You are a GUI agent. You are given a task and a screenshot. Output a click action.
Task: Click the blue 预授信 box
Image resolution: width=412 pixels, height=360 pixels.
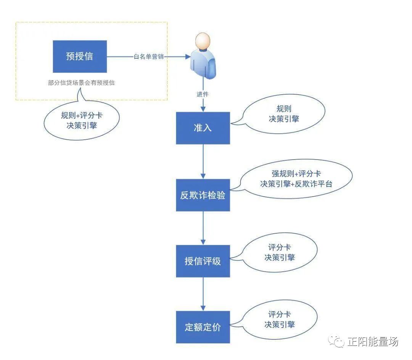[x=80, y=57]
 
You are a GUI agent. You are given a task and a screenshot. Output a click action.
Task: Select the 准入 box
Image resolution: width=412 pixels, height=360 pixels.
[x=203, y=128]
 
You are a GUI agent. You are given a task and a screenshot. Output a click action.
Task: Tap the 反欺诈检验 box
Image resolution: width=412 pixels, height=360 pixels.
[x=203, y=195]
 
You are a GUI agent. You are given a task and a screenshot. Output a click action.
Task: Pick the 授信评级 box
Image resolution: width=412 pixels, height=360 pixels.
[x=203, y=261]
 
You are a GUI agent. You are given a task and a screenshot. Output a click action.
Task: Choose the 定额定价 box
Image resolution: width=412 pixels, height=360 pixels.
[x=203, y=327]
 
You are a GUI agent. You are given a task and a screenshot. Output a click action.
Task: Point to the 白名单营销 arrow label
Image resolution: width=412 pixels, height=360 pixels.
[x=148, y=57]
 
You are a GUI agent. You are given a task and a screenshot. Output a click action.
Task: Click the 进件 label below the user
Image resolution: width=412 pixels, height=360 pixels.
[x=203, y=94]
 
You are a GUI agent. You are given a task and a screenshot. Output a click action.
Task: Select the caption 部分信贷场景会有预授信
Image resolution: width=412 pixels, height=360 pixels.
[x=81, y=83]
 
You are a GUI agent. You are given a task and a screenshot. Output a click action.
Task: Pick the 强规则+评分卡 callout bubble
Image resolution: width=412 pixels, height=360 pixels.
[x=296, y=179]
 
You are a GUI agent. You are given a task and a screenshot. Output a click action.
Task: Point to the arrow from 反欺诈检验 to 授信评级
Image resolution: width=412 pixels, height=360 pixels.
[x=203, y=228]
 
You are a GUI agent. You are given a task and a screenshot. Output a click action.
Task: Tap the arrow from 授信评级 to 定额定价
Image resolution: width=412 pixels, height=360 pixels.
[x=203, y=294]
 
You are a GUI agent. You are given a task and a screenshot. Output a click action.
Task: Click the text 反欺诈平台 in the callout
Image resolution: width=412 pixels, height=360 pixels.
[x=315, y=184]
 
